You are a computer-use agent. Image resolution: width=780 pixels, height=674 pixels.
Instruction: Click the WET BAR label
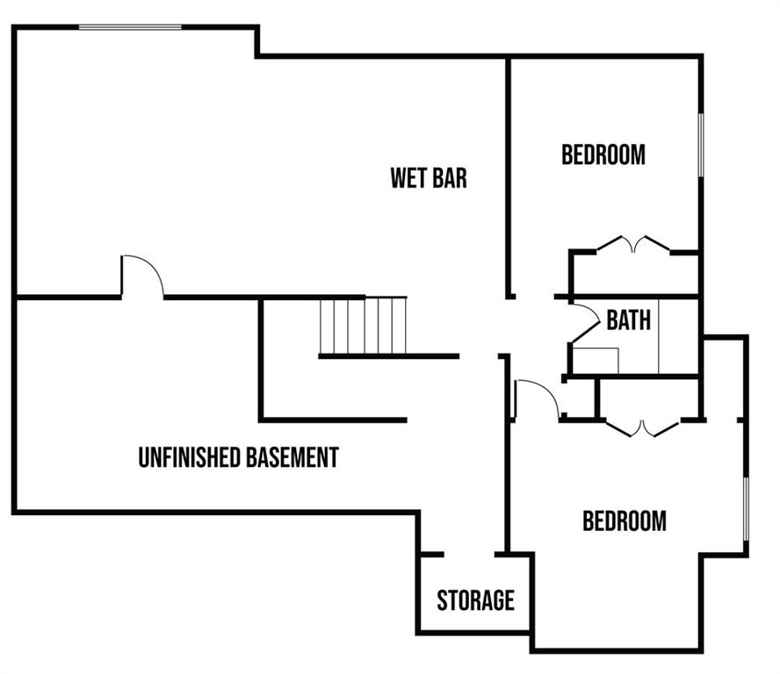[x=429, y=178]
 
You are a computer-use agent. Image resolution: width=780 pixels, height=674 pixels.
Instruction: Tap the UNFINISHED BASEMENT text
[x=238, y=457]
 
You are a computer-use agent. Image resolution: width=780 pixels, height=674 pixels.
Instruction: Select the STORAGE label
[x=475, y=600]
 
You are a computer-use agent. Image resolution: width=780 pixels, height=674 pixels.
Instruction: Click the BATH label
[x=629, y=320]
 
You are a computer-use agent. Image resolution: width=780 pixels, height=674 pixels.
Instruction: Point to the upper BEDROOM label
[x=603, y=155]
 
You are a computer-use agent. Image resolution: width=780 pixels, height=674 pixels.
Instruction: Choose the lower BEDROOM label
[x=625, y=521]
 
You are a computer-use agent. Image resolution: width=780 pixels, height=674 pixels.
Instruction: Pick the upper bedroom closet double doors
[x=633, y=243]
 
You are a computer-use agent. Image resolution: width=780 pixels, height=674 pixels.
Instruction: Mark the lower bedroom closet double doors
[x=643, y=427]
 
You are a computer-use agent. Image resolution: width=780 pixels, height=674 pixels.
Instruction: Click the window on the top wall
[x=130, y=27]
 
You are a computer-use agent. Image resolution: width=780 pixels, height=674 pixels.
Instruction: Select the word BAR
[x=448, y=178]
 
